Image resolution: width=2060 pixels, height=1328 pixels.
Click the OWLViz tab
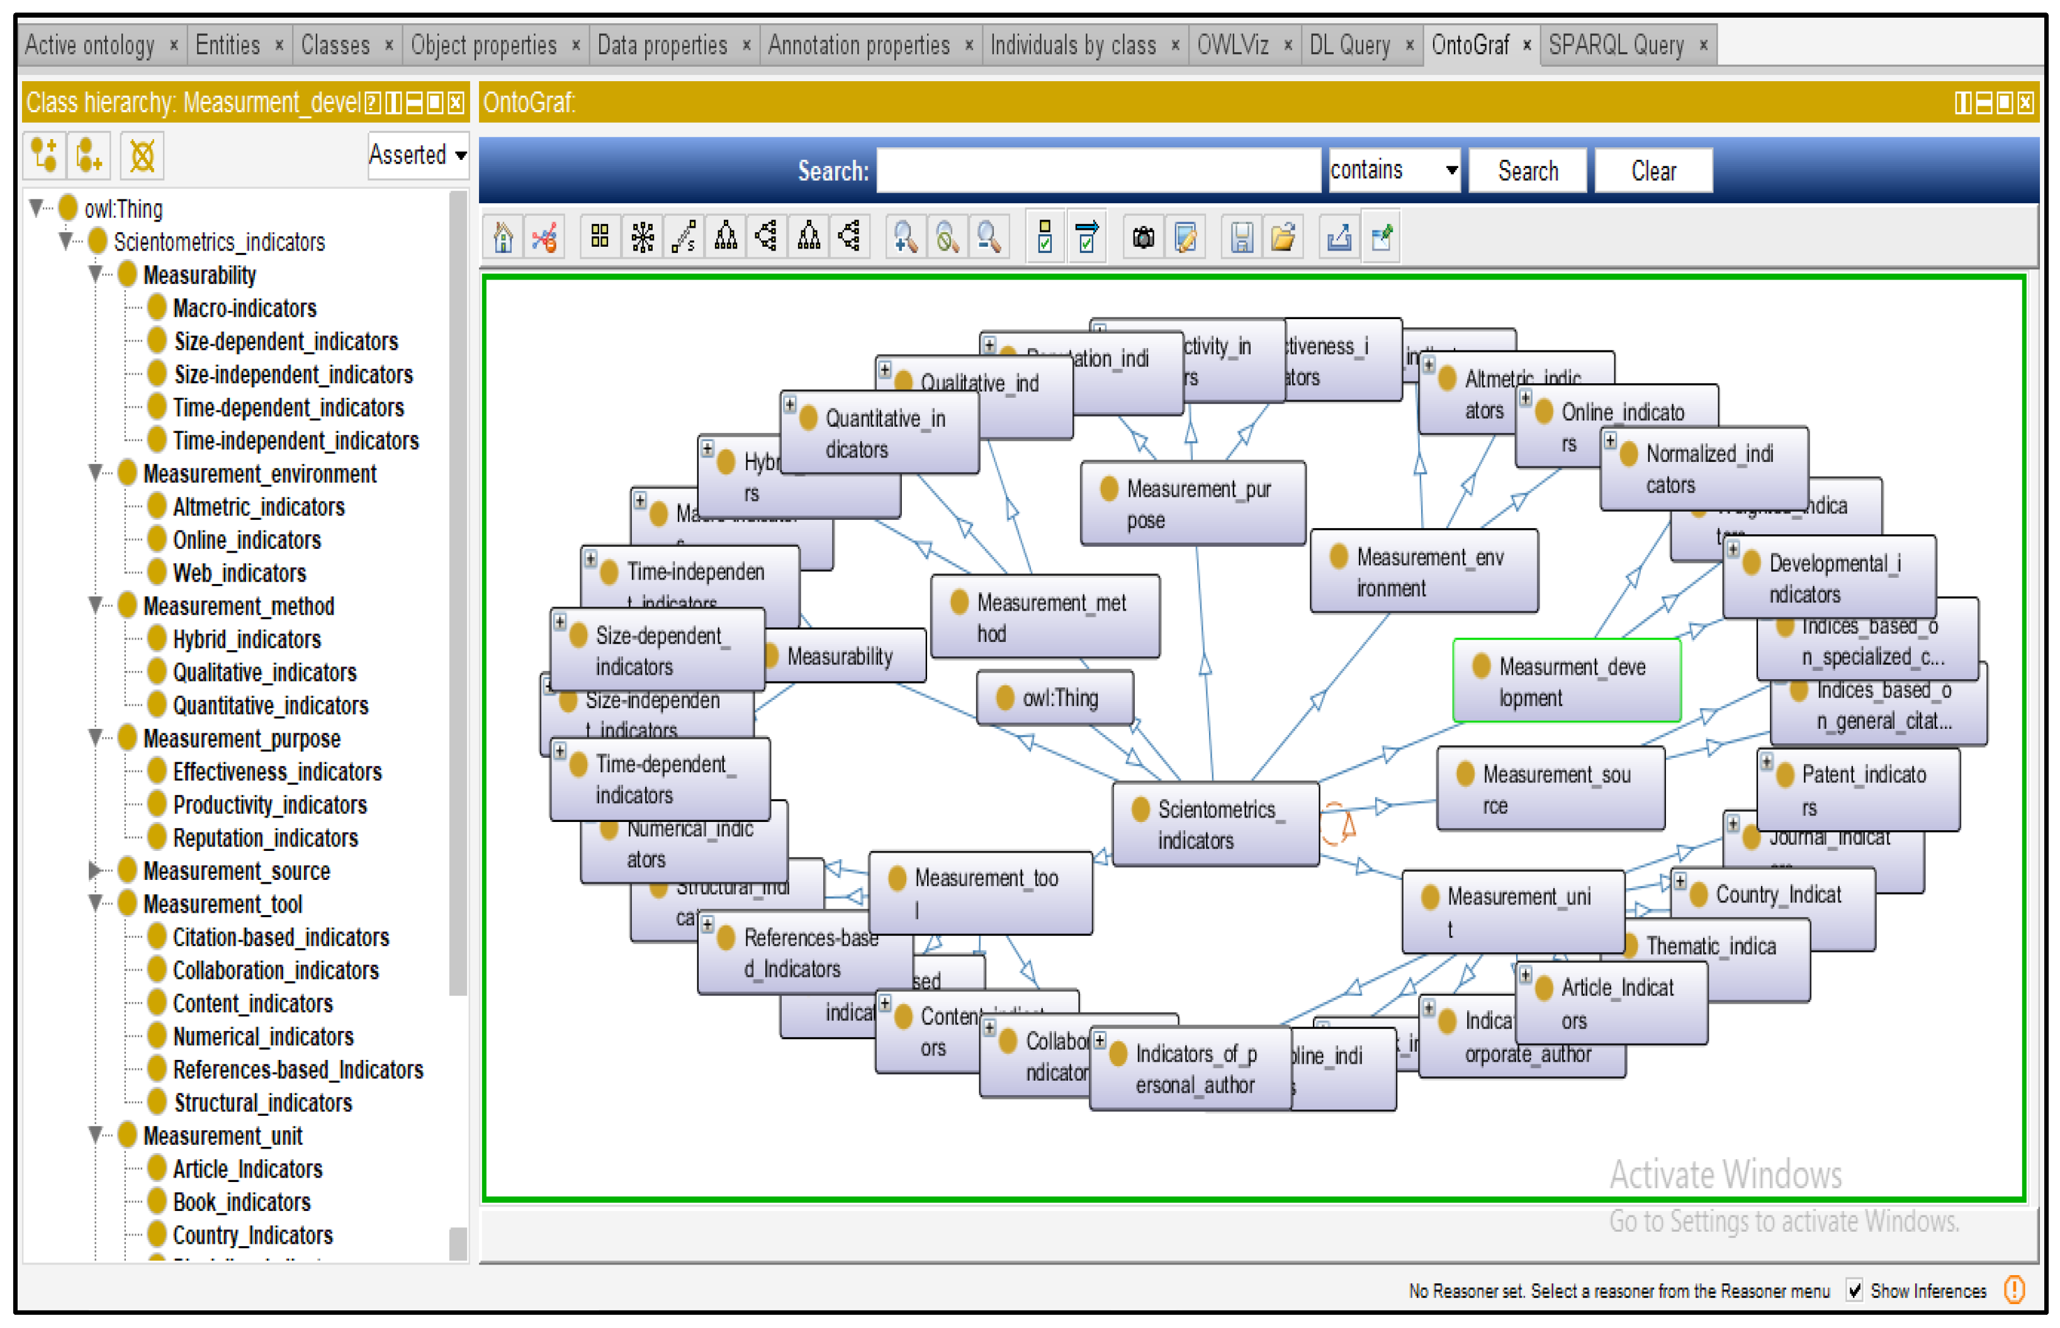click(1232, 45)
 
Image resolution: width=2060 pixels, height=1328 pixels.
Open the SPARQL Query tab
click(1615, 45)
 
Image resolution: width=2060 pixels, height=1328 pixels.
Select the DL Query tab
click(1349, 45)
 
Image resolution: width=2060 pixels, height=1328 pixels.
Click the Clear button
click(1653, 171)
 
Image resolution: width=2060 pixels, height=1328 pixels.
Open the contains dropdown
click(1393, 170)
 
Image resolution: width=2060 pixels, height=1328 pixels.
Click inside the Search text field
click(1098, 171)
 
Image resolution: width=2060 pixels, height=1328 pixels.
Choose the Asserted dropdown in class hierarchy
click(417, 155)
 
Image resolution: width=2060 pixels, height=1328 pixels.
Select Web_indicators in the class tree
click(239, 573)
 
